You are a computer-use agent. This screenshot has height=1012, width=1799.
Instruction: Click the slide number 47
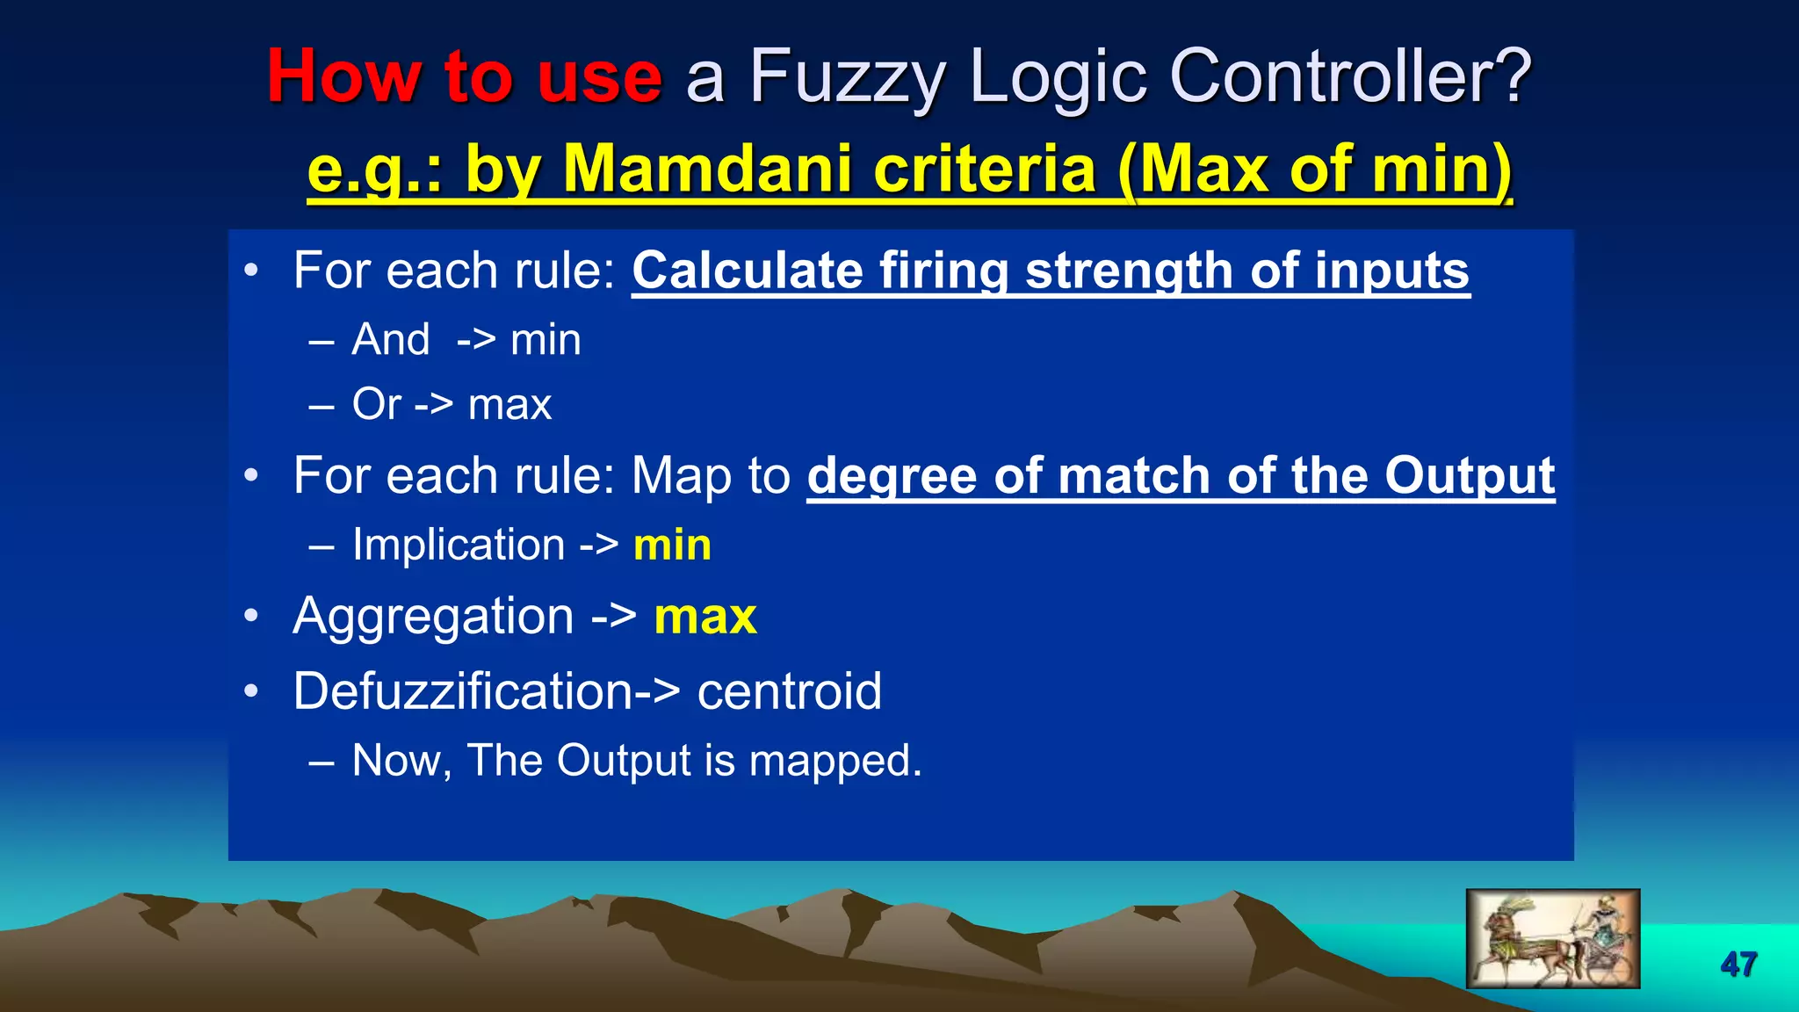click(x=1738, y=964)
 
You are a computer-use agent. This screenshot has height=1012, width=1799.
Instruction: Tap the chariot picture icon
click(x=1552, y=938)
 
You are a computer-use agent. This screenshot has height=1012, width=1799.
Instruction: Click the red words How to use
click(x=464, y=76)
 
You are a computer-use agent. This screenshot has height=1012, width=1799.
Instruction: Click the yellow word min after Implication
click(x=672, y=545)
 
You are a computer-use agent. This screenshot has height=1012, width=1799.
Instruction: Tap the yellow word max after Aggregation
click(x=704, y=616)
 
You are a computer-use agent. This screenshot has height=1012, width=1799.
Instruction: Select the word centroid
click(x=789, y=690)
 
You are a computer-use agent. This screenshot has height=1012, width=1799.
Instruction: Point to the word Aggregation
click(x=433, y=617)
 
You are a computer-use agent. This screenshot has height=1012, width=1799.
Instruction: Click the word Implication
click(x=459, y=545)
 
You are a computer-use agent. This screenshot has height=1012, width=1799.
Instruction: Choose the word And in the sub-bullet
click(x=391, y=339)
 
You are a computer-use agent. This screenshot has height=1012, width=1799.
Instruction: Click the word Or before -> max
click(x=376, y=404)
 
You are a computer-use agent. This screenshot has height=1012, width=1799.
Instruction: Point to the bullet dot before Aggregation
click(x=252, y=616)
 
